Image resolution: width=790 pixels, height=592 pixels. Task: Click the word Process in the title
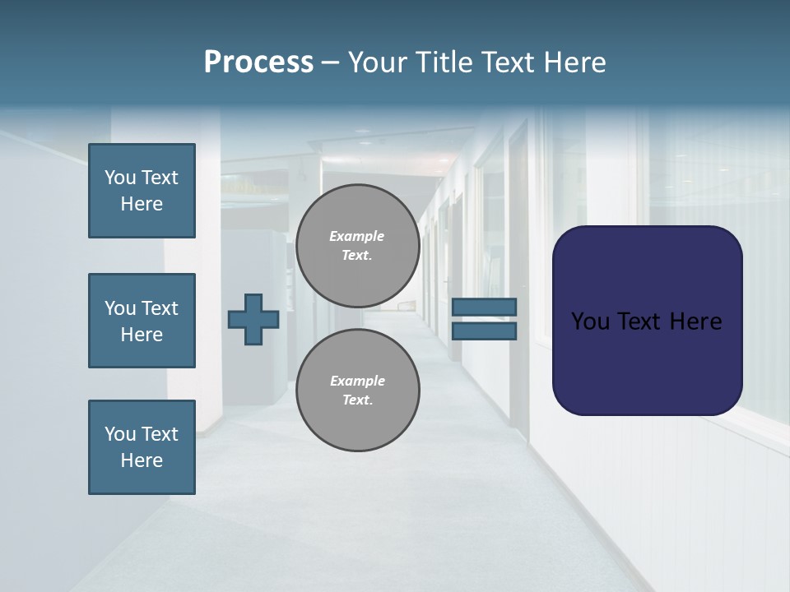pyautogui.click(x=258, y=62)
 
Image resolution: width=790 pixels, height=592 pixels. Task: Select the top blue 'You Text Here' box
pyautogui.click(x=142, y=191)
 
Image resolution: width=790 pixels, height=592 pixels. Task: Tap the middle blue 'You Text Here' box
pyautogui.click(x=142, y=321)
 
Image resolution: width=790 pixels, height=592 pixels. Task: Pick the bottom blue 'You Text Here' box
pyautogui.click(x=142, y=447)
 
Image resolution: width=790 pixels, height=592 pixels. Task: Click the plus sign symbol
pyautogui.click(x=253, y=319)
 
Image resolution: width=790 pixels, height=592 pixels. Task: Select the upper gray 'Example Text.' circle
pyautogui.click(x=357, y=246)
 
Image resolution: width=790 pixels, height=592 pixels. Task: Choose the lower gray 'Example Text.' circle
pyautogui.click(x=357, y=391)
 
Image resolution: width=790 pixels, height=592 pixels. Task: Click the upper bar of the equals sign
pyautogui.click(x=484, y=308)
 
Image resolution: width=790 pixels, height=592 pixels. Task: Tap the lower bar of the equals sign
pyautogui.click(x=484, y=331)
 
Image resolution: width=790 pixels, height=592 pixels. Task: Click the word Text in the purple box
pyautogui.click(x=640, y=321)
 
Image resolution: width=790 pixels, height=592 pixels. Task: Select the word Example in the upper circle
pyautogui.click(x=357, y=236)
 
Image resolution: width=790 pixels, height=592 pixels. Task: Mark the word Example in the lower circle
pyautogui.click(x=357, y=381)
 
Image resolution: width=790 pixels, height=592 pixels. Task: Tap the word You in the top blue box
pyautogui.click(x=119, y=178)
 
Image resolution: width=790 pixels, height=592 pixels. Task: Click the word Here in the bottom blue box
pyautogui.click(x=142, y=460)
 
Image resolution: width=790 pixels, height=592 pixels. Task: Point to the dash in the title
pyautogui.click(x=331, y=62)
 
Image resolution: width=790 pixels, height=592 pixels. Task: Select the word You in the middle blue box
pyautogui.click(x=119, y=308)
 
